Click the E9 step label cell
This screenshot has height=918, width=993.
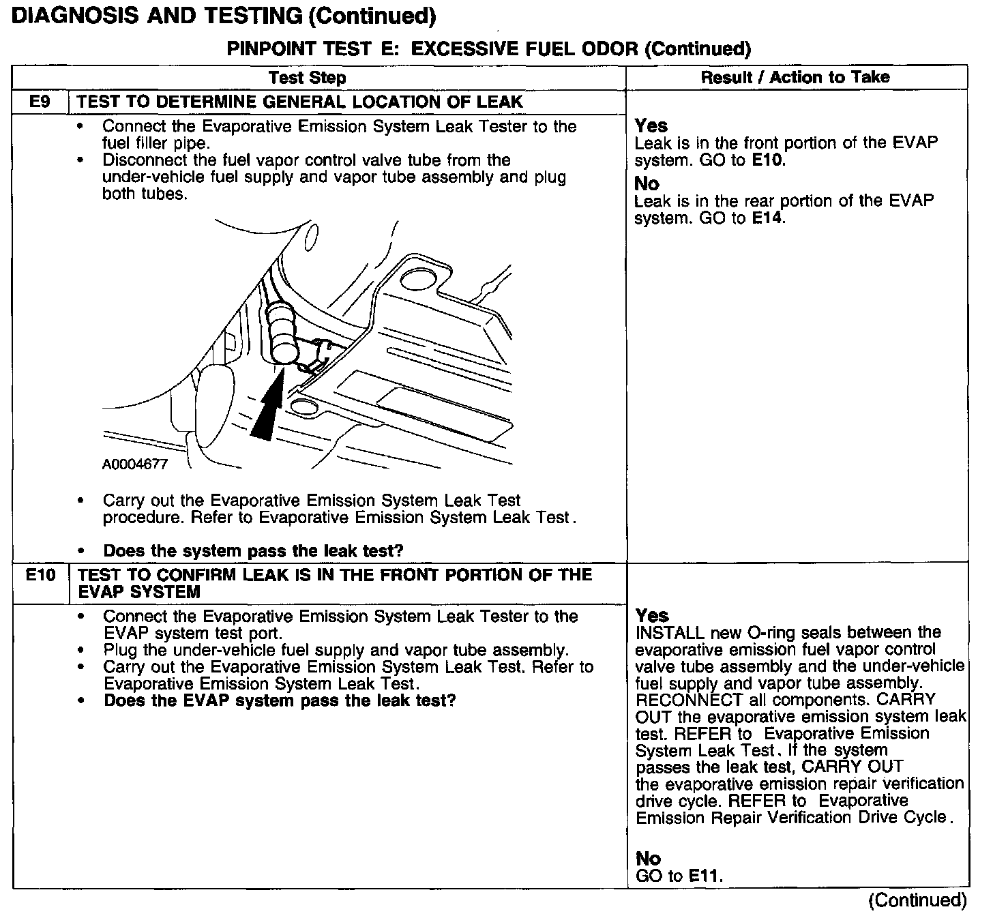click(x=40, y=102)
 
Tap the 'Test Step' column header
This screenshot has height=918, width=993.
click(x=308, y=78)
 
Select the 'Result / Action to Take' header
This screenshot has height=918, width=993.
click(x=795, y=77)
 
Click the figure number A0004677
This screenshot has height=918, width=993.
click(x=134, y=464)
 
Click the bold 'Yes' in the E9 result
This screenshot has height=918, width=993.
click(x=651, y=125)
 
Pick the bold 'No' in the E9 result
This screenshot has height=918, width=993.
click(x=647, y=183)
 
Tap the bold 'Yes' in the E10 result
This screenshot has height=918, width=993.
click(x=652, y=615)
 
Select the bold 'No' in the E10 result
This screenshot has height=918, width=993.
click(x=648, y=858)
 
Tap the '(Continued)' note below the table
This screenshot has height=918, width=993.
click(x=917, y=900)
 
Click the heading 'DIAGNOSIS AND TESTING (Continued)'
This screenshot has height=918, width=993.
click(x=224, y=16)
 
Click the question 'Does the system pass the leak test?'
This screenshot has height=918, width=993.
click(x=253, y=550)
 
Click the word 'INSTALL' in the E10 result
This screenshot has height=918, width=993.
click(x=669, y=633)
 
